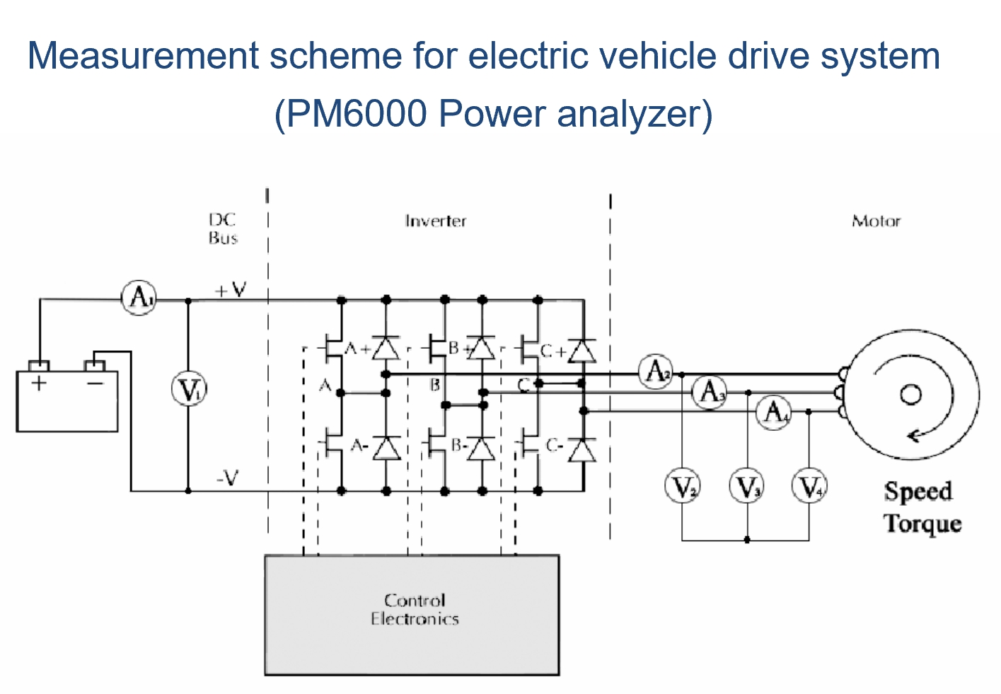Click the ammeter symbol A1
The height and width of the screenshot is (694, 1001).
[139, 298]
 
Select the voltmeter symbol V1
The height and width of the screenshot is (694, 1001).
[189, 390]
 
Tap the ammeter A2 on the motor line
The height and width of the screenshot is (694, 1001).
[656, 371]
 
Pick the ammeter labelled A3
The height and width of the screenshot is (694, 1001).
[710, 391]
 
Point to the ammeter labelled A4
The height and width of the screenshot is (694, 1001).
[775, 411]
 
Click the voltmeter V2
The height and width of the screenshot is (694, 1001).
[683, 486]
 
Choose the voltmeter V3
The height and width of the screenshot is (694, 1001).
[747, 486]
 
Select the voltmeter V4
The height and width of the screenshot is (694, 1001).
[809, 486]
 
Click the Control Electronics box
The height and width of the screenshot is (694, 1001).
[412, 614]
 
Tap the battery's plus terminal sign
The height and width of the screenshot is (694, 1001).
[39, 383]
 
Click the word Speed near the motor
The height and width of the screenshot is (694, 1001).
[918, 491]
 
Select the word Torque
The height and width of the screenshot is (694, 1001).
[922, 524]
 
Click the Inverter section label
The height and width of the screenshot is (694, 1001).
[435, 221]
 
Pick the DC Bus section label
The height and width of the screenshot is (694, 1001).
[223, 229]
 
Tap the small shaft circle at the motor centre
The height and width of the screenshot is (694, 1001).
[910, 394]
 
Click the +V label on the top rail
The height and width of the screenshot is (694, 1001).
[231, 289]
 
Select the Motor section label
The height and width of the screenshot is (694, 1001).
[876, 221]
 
